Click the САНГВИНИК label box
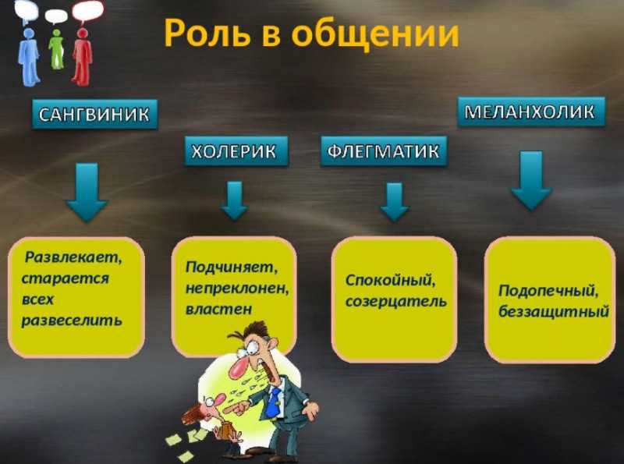(x=94, y=115)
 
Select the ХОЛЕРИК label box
(x=236, y=151)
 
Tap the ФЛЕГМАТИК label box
(x=384, y=151)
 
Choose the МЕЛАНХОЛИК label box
(x=531, y=112)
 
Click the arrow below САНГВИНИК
(x=87, y=192)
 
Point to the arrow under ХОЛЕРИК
(x=235, y=200)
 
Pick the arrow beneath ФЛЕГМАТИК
(x=394, y=202)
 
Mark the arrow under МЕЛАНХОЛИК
(x=531, y=180)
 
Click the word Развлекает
(x=73, y=257)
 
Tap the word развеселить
(x=72, y=321)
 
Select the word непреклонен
(x=237, y=289)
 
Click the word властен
(x=219, y=309)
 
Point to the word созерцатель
(x=396, y=302)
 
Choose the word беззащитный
(x=554, y=311)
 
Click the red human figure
(x=83, y=56)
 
